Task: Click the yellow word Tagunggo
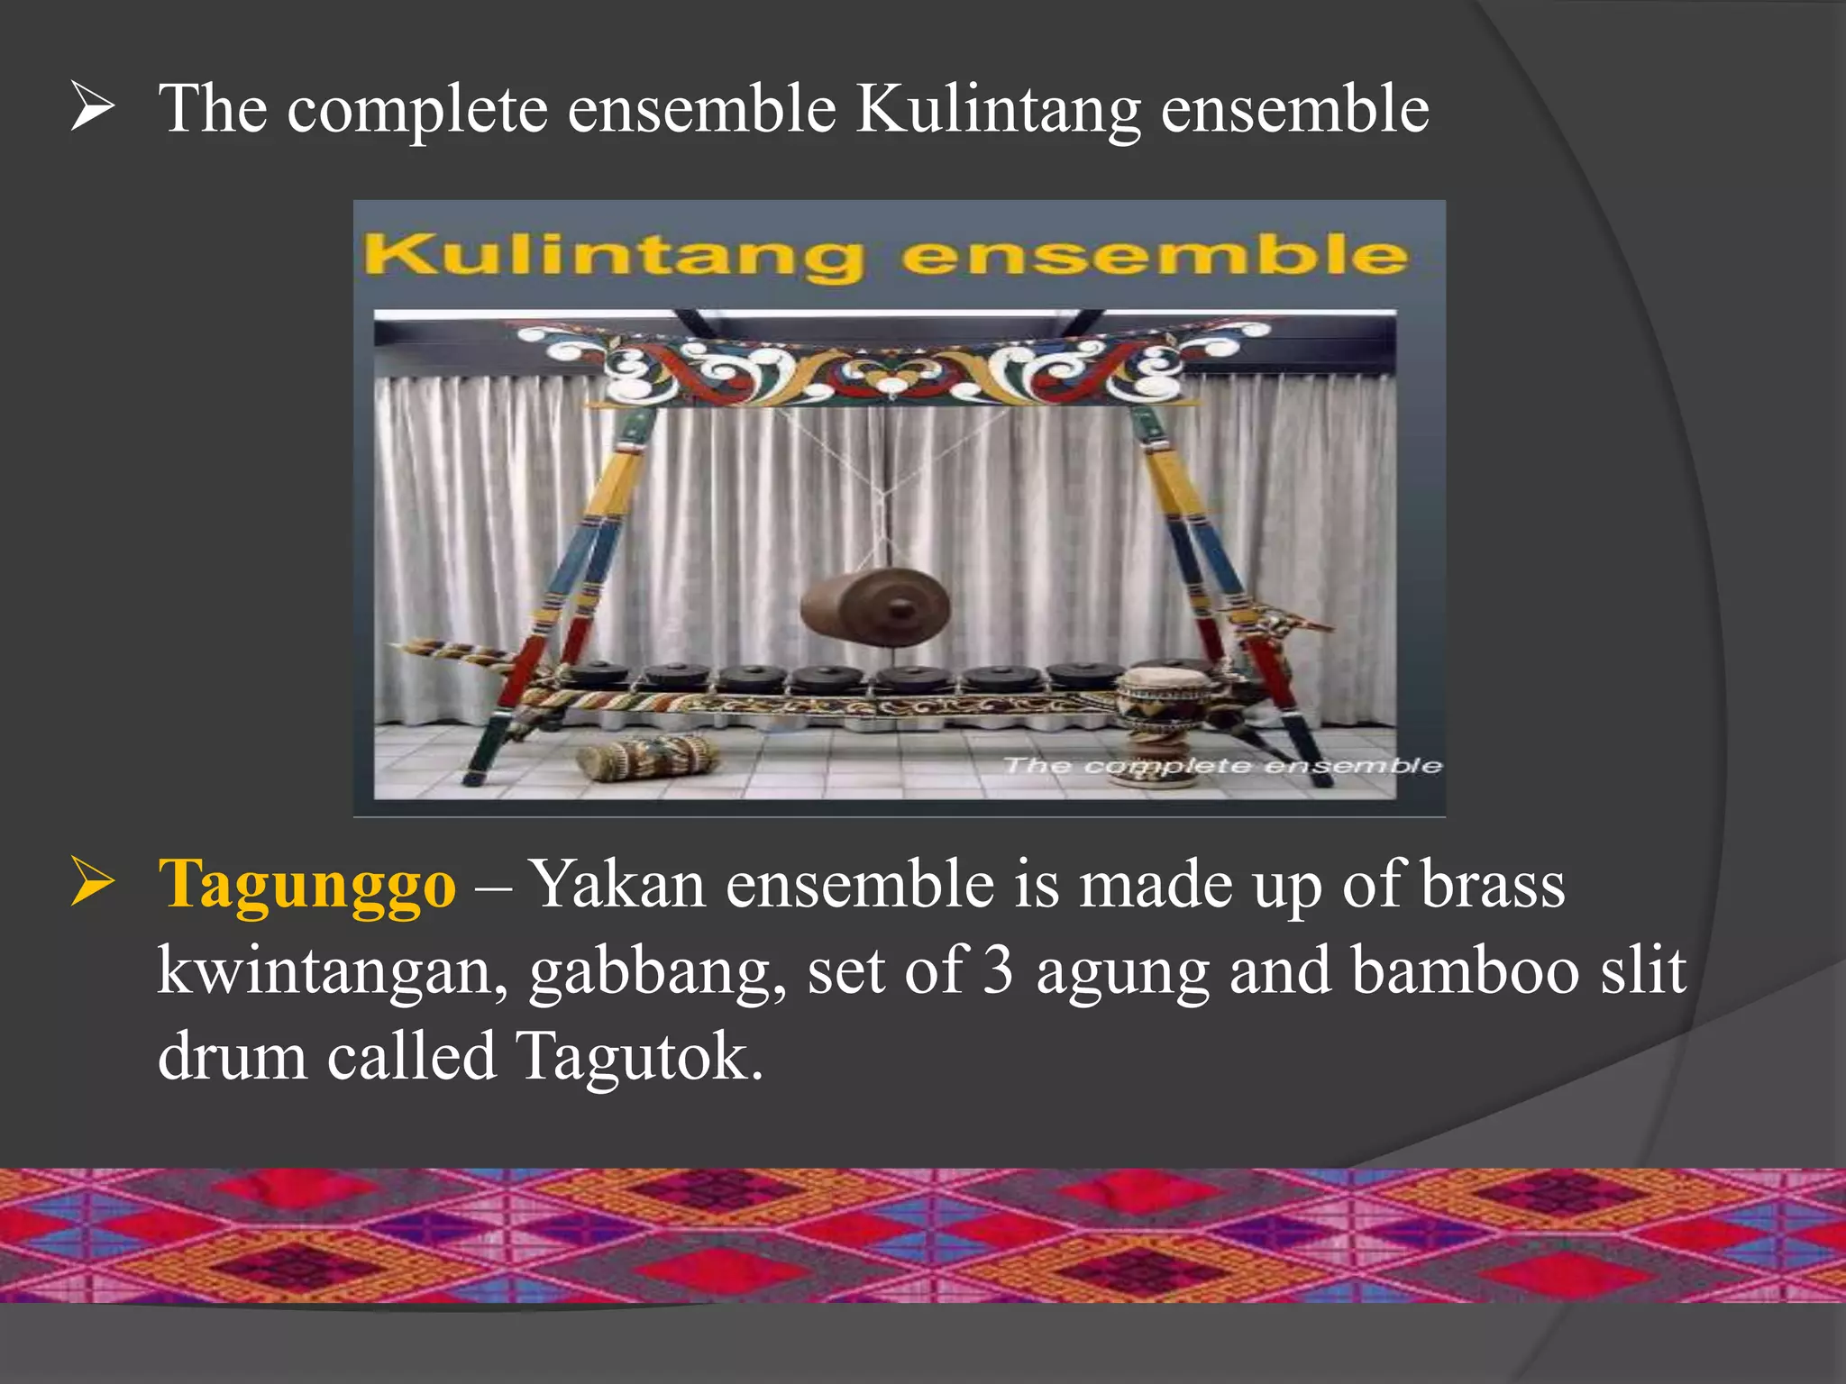click(x=306, y=886)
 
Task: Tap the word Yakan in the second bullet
click(x=616, y=884)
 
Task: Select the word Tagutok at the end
click(x=639, y=1056)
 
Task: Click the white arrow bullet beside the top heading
click(x=92, y=107)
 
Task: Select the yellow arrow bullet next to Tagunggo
click(x=92, y=882)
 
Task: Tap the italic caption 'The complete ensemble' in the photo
click(x=1222, y=766)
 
